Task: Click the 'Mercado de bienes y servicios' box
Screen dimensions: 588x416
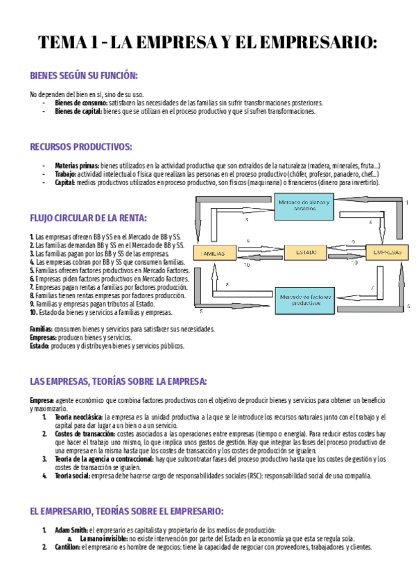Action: [x=304, y=205]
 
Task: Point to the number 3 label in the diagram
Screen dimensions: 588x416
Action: [x=247, y=220]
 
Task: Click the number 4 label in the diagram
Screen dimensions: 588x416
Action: [x=370, y=223]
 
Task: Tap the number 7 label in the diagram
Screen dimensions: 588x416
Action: [x=372, y=287]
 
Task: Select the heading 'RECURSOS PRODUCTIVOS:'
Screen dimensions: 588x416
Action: [x=81, y=146]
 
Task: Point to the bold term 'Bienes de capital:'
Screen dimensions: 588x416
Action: [x=78, y=111]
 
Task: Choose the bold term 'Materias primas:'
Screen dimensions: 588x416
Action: [x=76, y=166]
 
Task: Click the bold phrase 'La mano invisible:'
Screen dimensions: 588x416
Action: [x=103, y=538]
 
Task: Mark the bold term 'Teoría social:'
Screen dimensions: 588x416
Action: [x=74, y=476]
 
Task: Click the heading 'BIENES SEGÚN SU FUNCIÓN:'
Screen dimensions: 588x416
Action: [x=84, y=76]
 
